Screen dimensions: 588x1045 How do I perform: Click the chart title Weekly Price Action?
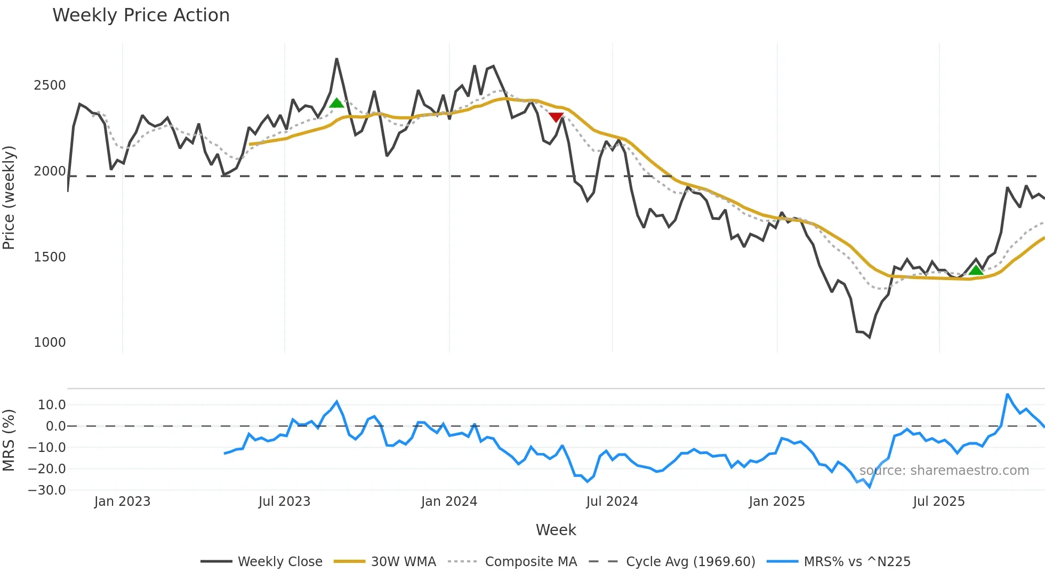coord(141,15)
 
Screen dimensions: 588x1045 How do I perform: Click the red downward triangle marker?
coord(556,117)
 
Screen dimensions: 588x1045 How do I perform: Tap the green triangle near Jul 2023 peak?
coord(336,103)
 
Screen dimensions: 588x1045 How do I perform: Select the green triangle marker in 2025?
coord(976,270)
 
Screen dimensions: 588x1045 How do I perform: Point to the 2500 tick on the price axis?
coord(50,85)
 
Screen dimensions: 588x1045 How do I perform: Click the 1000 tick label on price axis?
coord(50,343)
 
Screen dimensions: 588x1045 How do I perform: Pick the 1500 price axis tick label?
coord(50,257)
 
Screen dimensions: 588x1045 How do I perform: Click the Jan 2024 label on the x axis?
coord(449,502)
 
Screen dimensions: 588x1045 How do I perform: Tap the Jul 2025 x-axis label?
coord(938,502)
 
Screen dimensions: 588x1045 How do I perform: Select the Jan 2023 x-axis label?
coord(122,502)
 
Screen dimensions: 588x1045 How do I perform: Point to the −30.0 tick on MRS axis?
coord(47,490)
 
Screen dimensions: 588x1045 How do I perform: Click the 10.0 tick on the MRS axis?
coord(52,405)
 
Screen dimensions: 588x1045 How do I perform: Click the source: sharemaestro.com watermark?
coord(944,471)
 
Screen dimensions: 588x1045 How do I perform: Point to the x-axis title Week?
coord(556,530)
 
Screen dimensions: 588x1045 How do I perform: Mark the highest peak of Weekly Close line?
coord(336,59)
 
